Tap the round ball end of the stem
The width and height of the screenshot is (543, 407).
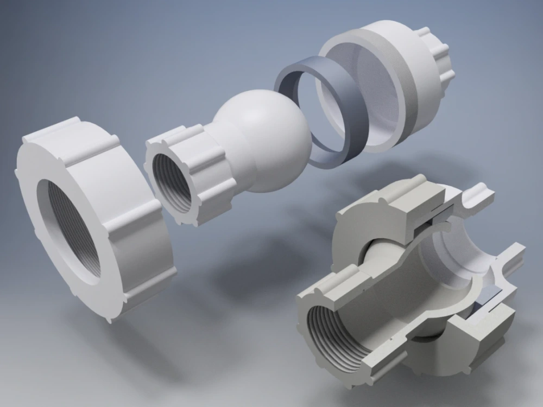click(271, 141)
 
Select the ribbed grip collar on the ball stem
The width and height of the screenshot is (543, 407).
click(201, 163)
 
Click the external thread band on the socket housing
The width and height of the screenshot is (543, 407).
click(407, 81)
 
